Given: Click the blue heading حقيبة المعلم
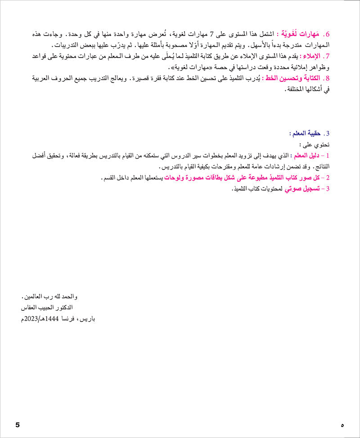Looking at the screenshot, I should pos(306,133).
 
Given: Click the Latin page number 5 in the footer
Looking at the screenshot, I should pos(18,425).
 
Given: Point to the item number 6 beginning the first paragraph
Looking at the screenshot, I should pos(328,35).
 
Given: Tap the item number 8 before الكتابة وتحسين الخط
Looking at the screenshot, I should pos(328,78).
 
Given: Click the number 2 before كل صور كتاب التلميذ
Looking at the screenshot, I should pos(328,178).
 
